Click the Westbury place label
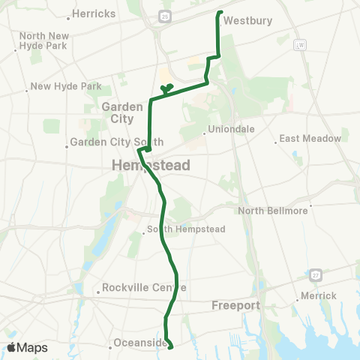click(247, 21)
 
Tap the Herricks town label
click(94, 14)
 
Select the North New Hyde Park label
click(44, 40)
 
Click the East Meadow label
click(310, 139)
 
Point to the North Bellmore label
click(273, 211)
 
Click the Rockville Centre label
click(141, 287)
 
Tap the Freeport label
click(235, 305)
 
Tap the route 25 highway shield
click(164, 15)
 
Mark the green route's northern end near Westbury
click(219, 12)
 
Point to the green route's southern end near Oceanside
click(171, 347)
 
